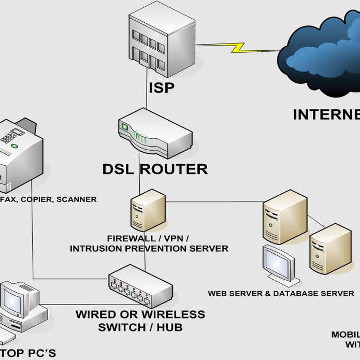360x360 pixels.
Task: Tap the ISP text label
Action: coord(161,88)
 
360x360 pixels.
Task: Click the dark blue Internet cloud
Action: coord(321,57)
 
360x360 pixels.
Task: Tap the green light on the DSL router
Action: coord(125,126)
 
